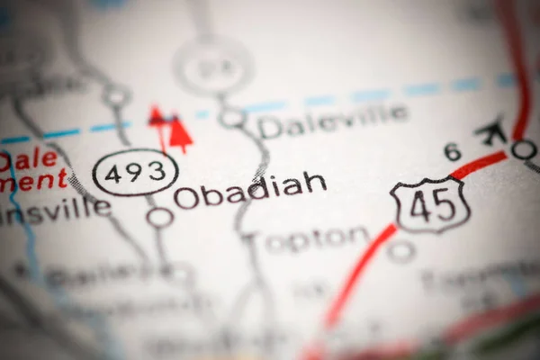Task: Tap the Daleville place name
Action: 332,121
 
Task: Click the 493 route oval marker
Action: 135,172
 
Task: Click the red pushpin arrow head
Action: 181,133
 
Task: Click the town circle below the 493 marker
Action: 160,217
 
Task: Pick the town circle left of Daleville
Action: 232,118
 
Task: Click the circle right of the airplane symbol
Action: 524,149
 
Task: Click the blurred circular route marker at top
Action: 213,65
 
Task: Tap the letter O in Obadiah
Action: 186,197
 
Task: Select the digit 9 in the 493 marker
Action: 135,172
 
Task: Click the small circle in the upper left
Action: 116,94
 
